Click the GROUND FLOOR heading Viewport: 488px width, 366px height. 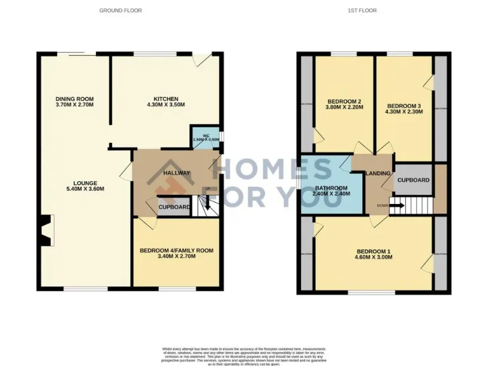point(121,11)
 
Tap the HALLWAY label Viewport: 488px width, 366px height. point(177,173)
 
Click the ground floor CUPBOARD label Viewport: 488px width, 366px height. point(175,208)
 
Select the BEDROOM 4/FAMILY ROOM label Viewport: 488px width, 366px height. point(176,251)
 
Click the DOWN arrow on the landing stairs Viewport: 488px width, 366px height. point(396,205)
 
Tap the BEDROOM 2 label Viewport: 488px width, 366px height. point(344,102)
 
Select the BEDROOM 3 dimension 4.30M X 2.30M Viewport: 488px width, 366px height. point(404,112)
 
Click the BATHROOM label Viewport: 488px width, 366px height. point(332,189)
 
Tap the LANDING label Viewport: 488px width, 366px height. point(377,173)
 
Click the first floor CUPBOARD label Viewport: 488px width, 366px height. point(413,180)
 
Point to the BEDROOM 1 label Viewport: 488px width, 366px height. point(374,250)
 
